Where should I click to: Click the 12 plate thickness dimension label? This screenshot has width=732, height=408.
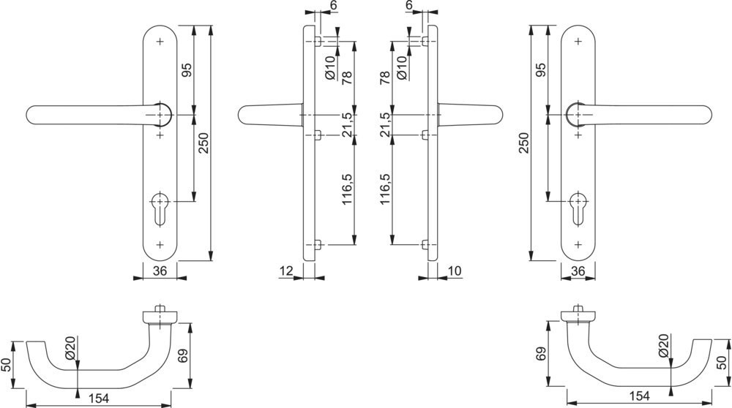[x=285, y=271]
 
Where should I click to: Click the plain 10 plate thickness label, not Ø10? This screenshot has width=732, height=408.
[x=455, y=271]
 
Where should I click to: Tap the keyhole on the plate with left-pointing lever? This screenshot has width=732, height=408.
[x=160, y=209]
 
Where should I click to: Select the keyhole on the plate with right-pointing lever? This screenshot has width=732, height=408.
[x=578, y=209]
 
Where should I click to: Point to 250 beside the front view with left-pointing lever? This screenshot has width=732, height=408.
[x=203, y=143]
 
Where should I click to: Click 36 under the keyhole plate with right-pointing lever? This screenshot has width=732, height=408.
[x=578, y=271]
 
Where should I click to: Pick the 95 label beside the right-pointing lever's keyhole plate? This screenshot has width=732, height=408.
[x=540, y=70]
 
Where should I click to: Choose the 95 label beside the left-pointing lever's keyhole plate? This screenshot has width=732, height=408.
[x=186, y=70]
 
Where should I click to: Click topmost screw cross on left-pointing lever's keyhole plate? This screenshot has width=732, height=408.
[x=160, y=42]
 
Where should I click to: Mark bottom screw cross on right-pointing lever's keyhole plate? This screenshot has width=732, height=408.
[x=578, y=244]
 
